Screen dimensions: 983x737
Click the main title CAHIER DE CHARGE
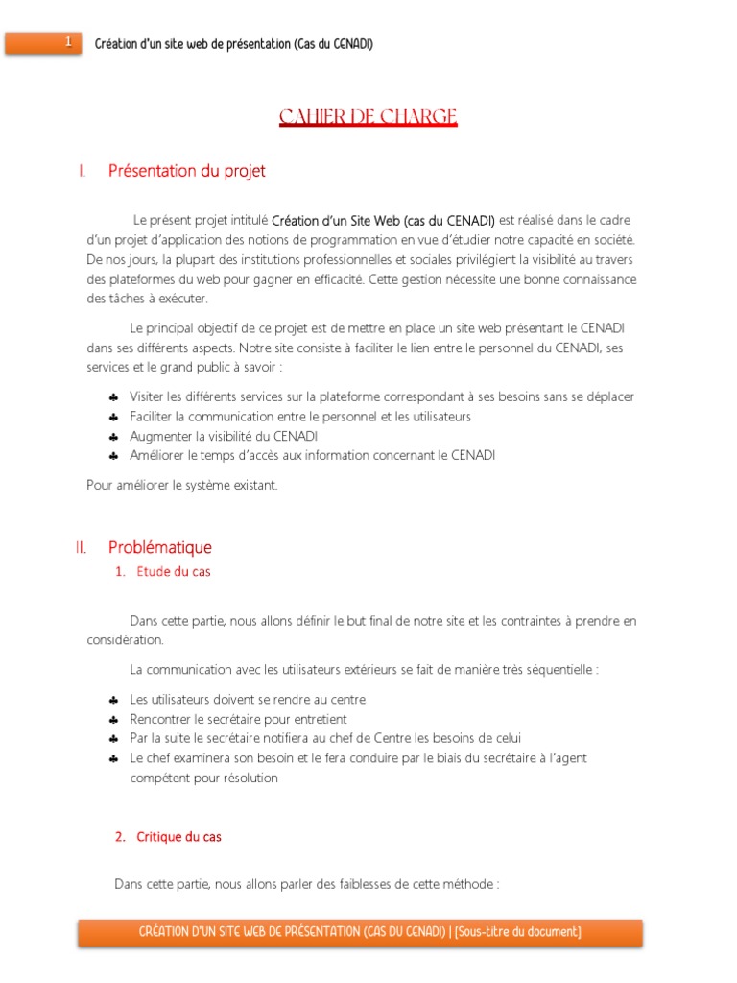pyautogui.click(x=368, y=117)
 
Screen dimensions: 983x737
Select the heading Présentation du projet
pyautogui.click(x=186, y=171)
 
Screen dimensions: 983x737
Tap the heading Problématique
pyautogui.click(x=159, y=547)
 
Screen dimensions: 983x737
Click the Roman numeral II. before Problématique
pyautogui.click(x=81, y=547)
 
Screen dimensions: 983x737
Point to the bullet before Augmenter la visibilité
pyautogui.click(x=113, y=436)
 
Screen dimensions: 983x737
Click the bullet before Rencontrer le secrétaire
pyautogui.click(x=113, y=719)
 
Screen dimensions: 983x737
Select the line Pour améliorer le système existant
pyautogui.click(x=181, y=485)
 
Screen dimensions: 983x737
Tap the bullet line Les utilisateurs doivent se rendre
pyautogui.click(x=248, y=700)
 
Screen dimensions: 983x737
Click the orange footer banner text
pyautogui.click(x=360, y=931)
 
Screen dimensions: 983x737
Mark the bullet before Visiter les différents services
pyautogui.click(x=113, y=396)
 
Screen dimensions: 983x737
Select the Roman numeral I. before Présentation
pyautogui.click(x=83, y=171)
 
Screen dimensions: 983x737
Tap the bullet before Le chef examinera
pyautogui.click(x=113, y=758)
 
